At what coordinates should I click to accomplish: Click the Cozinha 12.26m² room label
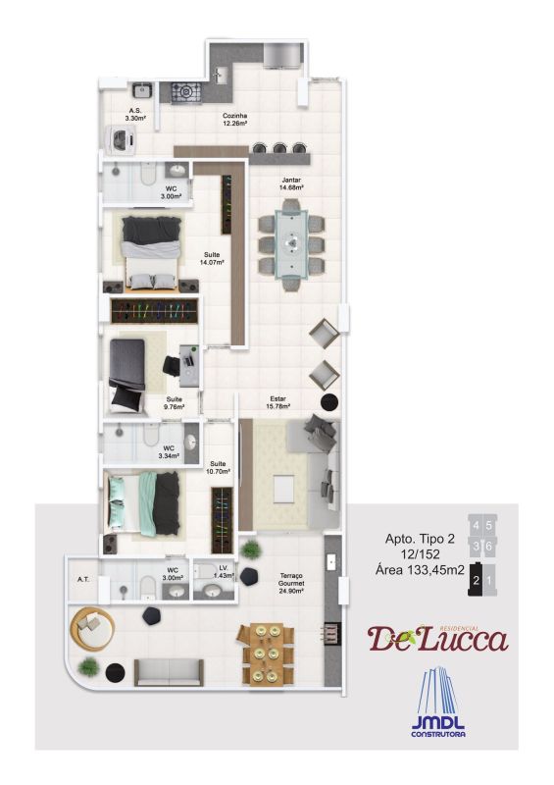(x=233, y=119)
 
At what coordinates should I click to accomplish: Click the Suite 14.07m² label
(x=212, y=259)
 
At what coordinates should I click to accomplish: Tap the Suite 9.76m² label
(x=174, y=403)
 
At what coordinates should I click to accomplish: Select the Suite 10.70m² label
(x=217, y=467)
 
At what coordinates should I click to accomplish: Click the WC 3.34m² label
(x=169, y=452)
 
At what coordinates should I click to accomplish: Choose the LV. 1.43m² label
(x=223, y=571)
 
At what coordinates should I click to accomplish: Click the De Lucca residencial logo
(x=438, y=638)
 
